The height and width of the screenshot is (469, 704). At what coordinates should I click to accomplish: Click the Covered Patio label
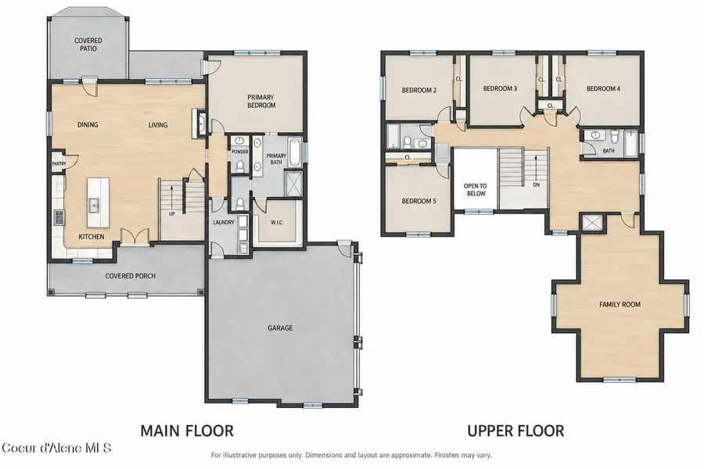coord(88,44)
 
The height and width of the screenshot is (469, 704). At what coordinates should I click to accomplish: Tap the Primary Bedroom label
coord(261,101)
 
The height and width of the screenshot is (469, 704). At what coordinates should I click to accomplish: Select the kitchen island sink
coord(95,206)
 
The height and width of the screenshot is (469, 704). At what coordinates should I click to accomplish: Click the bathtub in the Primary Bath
coord(294,152)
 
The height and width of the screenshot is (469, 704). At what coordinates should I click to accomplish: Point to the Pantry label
coord(59,164)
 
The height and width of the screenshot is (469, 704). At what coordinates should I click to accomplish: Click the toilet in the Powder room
coord(240,167)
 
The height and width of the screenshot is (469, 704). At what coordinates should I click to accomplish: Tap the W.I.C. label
coord(277,222)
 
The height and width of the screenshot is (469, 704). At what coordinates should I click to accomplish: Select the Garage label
coord(280,328)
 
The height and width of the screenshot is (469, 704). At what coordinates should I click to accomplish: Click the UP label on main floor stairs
coord(172,213)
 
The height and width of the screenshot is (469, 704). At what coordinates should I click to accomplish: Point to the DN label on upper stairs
coord(536,184)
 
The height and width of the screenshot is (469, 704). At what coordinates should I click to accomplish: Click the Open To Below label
coord(476,190)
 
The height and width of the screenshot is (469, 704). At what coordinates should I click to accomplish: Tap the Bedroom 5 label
coord(419,201)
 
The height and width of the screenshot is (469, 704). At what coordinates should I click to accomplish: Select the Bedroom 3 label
coord(500,88)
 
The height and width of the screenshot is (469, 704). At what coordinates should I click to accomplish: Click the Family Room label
coord(620,304)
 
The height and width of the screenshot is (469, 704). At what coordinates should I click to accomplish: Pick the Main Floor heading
coord(187,431)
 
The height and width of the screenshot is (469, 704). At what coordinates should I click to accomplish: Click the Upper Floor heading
coord(516,431)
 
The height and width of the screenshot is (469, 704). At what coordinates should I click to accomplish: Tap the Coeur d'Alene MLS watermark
coord(56,448)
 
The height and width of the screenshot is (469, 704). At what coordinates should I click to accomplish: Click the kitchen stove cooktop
coord(59,217)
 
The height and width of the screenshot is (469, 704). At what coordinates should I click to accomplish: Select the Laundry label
coord(224,222)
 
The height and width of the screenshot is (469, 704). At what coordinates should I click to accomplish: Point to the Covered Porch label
coord(130,276)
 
